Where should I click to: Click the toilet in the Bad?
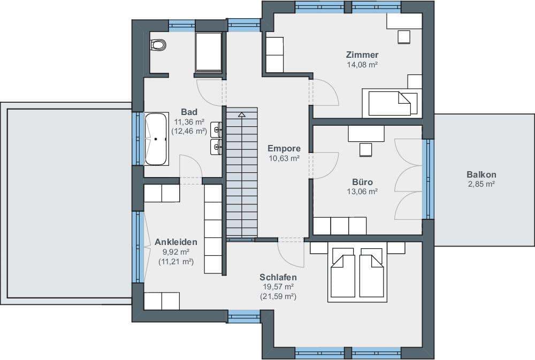pyautogui.click(x=158, y=45)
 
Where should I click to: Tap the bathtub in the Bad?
pyautogui.click(x=156, y=139)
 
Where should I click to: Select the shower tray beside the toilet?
pyautogui.click(x=208, y=52)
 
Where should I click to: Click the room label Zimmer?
pyautogui.click(x=362, y=55)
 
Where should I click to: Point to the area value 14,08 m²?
pyautogui.click(x=362, y=65)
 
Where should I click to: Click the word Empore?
pyautogui.click(x=284, y=148)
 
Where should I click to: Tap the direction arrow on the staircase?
pyautogui.click(x=242, y=114)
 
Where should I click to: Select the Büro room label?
pyautogui.click(x=362, y=182)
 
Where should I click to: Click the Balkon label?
pyautogui.click(x=481, y=174)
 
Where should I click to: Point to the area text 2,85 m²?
pyautogui.click(x=481, y=184)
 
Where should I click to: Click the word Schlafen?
pyautogui.click(x=278, y=277)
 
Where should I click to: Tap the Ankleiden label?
pyautogui.click(x=176, y=242)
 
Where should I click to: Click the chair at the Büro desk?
pyautogui.click(x=365, y=150)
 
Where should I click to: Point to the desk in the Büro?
pyautogui.click(x=366, y=133)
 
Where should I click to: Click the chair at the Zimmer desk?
pyautogui.click(x=404, y=37)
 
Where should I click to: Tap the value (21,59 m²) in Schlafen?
pyautogui.click(x=278, y=296)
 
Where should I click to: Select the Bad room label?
pyautogui.click(x=189, y=112)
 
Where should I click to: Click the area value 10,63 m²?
pyautogui.click(x=284, y=158)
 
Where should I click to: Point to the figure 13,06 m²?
pyautogui.click(x=362, y=192)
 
